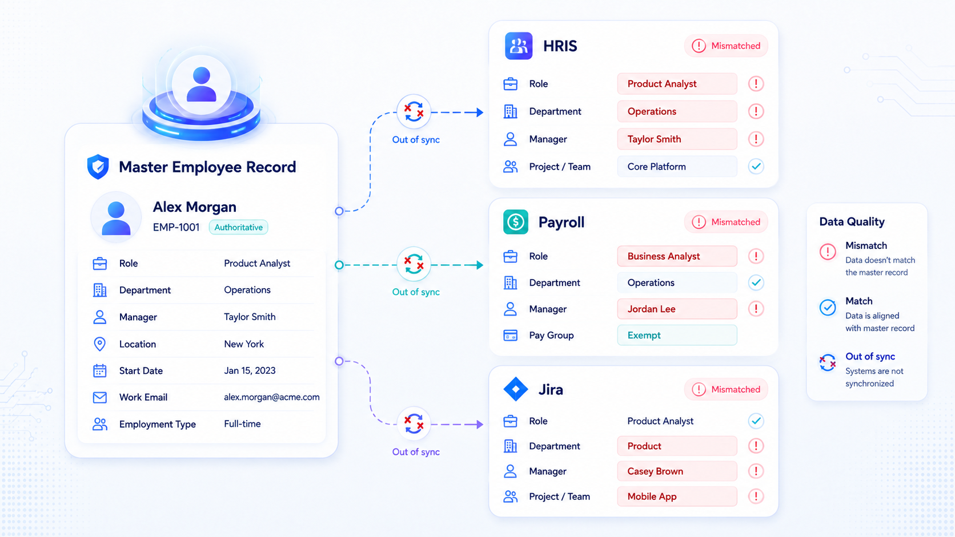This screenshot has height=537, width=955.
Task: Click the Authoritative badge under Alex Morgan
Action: pos(238,227)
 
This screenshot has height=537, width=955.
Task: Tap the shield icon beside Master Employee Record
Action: pos(98,167)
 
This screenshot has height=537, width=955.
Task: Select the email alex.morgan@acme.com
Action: pos(271,397)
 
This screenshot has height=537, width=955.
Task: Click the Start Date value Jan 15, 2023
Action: pos(250,370)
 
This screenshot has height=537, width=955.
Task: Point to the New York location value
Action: pos(244,344)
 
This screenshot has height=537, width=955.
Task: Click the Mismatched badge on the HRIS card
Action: pos(726,46)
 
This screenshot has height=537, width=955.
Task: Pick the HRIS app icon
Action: pos(519,46)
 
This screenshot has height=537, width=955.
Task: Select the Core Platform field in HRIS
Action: pos(677,167)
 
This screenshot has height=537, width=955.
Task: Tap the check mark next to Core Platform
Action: pos(756,167)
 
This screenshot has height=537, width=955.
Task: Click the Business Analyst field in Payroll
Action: pos(677,256)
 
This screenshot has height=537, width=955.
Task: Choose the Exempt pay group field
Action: pos(677,335)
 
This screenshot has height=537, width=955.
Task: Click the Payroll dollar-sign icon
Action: pos(515,222)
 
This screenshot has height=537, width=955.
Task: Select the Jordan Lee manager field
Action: pos(677,309)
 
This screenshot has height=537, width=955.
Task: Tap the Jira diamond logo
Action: pos(516,389)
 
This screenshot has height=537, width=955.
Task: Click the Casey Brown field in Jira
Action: pos(677,471)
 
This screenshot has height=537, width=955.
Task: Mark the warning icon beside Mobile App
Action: pos(756,496)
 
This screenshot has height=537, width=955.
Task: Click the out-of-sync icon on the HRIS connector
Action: pos(414,112)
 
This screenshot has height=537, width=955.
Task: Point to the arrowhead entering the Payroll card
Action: pos(480,265)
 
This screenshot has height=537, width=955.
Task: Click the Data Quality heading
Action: pos(852,221)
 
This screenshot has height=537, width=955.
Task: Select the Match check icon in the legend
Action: pos(828,308)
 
